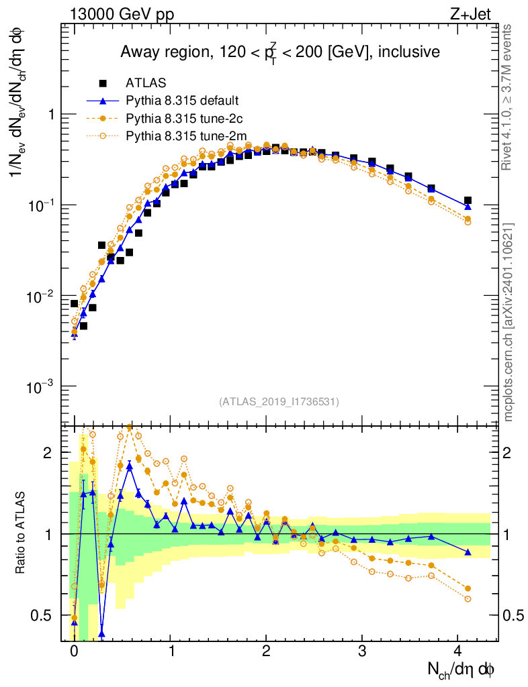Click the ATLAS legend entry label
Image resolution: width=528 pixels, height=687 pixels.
pyautogui.click(x=143, y=83)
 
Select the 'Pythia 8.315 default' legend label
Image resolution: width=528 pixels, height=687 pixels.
pyautogui.click(x=182, y=101)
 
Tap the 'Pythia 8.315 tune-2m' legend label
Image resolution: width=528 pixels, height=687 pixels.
pyautogui.click(x=186, y=136)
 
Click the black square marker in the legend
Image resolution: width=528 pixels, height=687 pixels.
pyautogui.click(x=103, y=83)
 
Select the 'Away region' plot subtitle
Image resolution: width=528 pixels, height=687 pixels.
pyautogui.click(x=279, y=53)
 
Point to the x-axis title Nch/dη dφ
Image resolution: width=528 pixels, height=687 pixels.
pyautogui.click(x=461, y=669)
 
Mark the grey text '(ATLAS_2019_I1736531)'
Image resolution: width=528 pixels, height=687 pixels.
pyautogui.click(x=279, y=402)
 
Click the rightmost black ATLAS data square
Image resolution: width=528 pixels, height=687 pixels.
pyautogui.click(x=468, y=201)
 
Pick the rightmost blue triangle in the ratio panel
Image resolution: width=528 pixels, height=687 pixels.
pyautogui.click(x=468, y=552)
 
